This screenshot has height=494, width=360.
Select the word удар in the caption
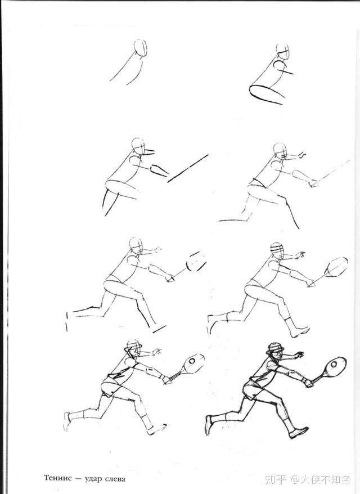click(94, 479)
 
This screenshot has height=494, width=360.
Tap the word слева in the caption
click(115, 479)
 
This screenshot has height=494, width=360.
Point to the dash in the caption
click(78, 479)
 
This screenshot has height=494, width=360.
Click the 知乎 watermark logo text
click(275, 479)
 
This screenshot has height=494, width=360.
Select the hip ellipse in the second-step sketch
click(266, 95)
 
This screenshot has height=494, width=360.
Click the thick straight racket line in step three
click(188, 168)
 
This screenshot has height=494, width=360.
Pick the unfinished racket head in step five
click(196, 262)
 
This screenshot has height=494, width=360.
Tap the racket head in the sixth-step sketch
click(337, 266)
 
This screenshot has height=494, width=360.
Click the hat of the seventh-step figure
click(133, 345)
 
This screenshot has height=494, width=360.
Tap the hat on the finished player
click(276, 348)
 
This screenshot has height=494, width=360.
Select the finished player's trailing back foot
click(209, 425)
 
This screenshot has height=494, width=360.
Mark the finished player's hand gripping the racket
click(309, 382)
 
